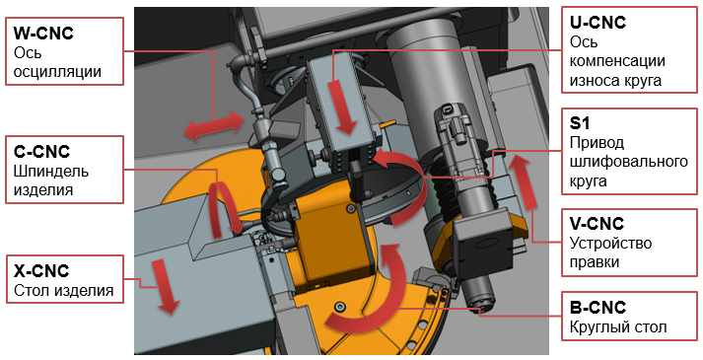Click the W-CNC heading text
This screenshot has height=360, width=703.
pos(43,34)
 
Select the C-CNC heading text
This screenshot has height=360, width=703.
pos(41,152)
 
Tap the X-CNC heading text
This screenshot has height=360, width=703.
pos(41,271)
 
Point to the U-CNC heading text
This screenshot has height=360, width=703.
pos(598,22)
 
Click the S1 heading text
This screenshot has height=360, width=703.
pos(580,123)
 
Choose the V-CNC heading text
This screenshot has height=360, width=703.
pos(597,223)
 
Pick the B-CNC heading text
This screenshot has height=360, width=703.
pos(598,308)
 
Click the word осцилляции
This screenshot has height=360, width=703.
pos(57,72)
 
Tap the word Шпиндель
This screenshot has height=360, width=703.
pos(51,172)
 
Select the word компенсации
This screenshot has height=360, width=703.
pos(617,61)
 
